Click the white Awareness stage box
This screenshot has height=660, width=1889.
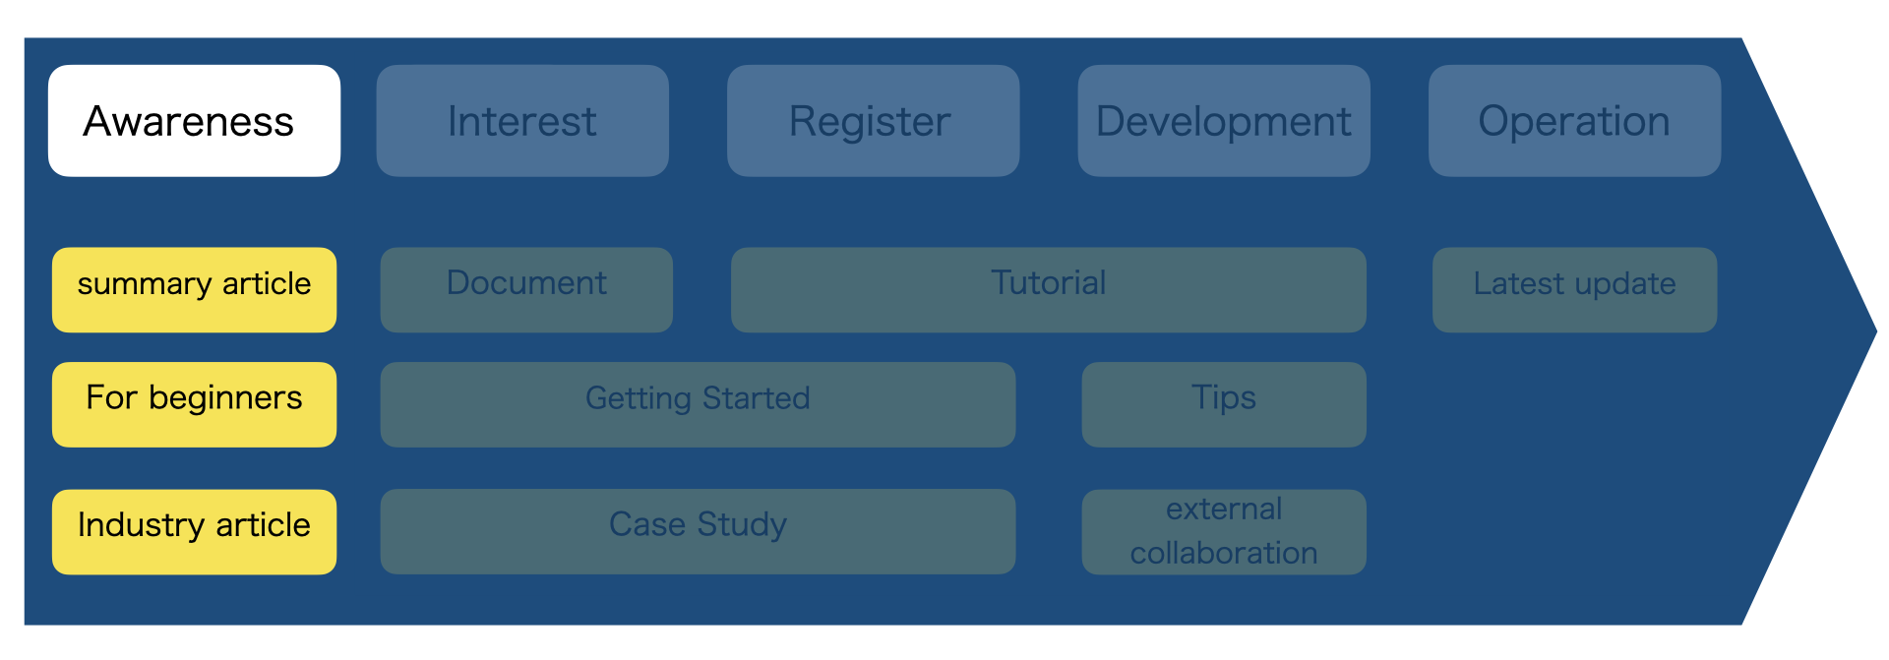coord(194,121)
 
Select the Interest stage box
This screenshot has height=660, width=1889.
coord(522,121)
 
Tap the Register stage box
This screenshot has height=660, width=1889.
coord(873,121)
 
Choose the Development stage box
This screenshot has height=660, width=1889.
coord(1223,121)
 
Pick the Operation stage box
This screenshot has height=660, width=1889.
coord(1574,121)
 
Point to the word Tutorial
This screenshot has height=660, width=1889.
coord(1048,283)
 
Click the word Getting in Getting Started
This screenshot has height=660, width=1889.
coord(639,398)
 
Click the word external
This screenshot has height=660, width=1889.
coord(1223,510)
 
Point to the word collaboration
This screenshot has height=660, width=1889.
coord(1223,553)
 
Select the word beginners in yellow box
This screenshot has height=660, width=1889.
coord(225,397)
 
